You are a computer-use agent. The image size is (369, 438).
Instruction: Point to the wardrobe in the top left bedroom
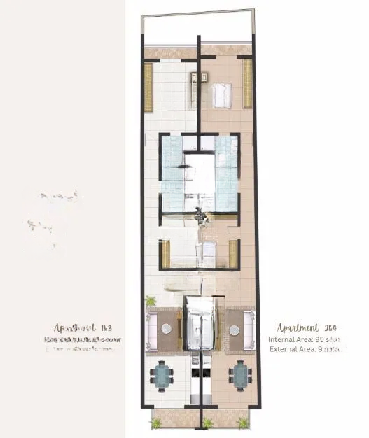tap(148, 86)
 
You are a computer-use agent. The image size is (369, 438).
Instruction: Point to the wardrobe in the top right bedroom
tap(247, 83)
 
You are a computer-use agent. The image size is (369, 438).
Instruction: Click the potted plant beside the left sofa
tap(150, 301)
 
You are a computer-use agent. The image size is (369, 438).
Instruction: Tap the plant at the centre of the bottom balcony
tap(207, 422)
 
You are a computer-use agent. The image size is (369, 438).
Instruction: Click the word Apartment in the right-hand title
tap(296, 327)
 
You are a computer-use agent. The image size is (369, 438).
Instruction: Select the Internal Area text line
tap(304, 339)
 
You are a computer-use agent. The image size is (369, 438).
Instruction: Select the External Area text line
tap(304, 350)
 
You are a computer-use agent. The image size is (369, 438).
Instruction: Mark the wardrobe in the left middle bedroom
tap(166, 253)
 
